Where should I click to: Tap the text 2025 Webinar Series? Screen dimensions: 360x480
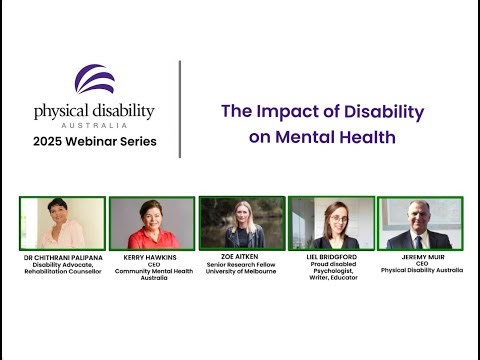[95, 140]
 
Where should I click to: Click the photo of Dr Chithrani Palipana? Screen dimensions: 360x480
[61, 223]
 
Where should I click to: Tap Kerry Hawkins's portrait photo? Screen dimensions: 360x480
[151, 222]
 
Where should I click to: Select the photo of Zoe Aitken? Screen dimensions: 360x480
[241, 222]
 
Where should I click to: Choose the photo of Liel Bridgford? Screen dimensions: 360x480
[331, 222]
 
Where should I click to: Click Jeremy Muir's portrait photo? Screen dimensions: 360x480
[420, 223]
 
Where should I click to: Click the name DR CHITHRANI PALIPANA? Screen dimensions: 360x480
[62, 259]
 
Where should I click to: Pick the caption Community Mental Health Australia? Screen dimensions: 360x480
[151, 273]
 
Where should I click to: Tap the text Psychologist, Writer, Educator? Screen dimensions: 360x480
[331, 273]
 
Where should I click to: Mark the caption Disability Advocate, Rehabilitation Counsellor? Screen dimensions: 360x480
[62, 269]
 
